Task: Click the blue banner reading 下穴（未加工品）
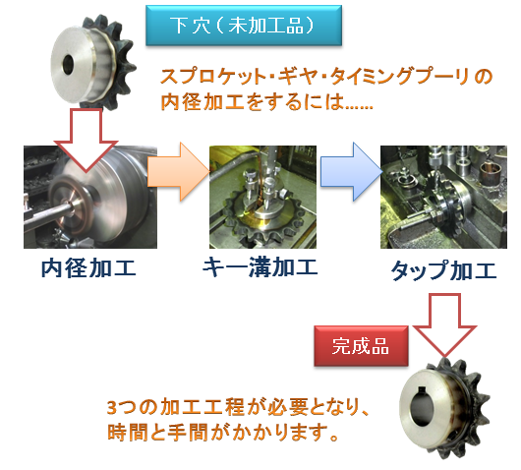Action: click(x=244, y=26)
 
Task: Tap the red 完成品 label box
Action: click(x=361, y=346)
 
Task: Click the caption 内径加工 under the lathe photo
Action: click(x=88, y=268)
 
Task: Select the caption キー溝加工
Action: click(x=260, y=266)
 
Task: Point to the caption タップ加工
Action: click(x=443, y=270)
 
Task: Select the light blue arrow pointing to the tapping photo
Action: click(x=351, y=172)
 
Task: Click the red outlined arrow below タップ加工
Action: click(x=444, y=324)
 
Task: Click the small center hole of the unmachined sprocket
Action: click(x=69, y=65)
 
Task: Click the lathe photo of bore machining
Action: click(x=90, y=197)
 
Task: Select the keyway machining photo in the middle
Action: click(x=262, y=197)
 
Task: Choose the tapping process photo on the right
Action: click(x=443, y=197)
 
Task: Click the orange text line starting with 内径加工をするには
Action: click(x=266, y=101)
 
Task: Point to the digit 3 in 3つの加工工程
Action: click(x=112, y=407)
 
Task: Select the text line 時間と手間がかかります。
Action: click(x=223, y=432)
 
